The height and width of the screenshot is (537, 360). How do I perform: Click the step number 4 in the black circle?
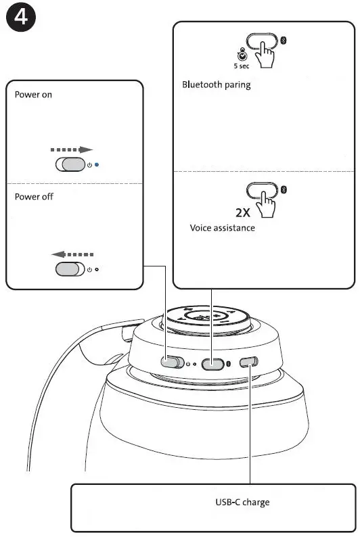pyautogui.click(x=22, y=18)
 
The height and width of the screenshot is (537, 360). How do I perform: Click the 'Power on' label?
pyautogui.click(x=33, y=95)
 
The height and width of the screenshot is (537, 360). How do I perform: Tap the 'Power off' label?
pyautogui.click(x=34, y=197)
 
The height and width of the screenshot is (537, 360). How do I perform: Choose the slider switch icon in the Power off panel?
pyautogui.click(x=70, y=269)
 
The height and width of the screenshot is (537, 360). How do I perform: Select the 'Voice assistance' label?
pyautogui.click(x=222, y=228)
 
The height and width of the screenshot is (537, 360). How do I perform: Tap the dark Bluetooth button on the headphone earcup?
pyautogui.click(x=213, y=364)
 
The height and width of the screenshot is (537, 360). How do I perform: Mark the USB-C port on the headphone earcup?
pyautogui.click(x=248, y=362)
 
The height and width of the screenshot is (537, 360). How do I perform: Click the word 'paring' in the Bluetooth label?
pyautogui.click(x=238, y=85)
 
